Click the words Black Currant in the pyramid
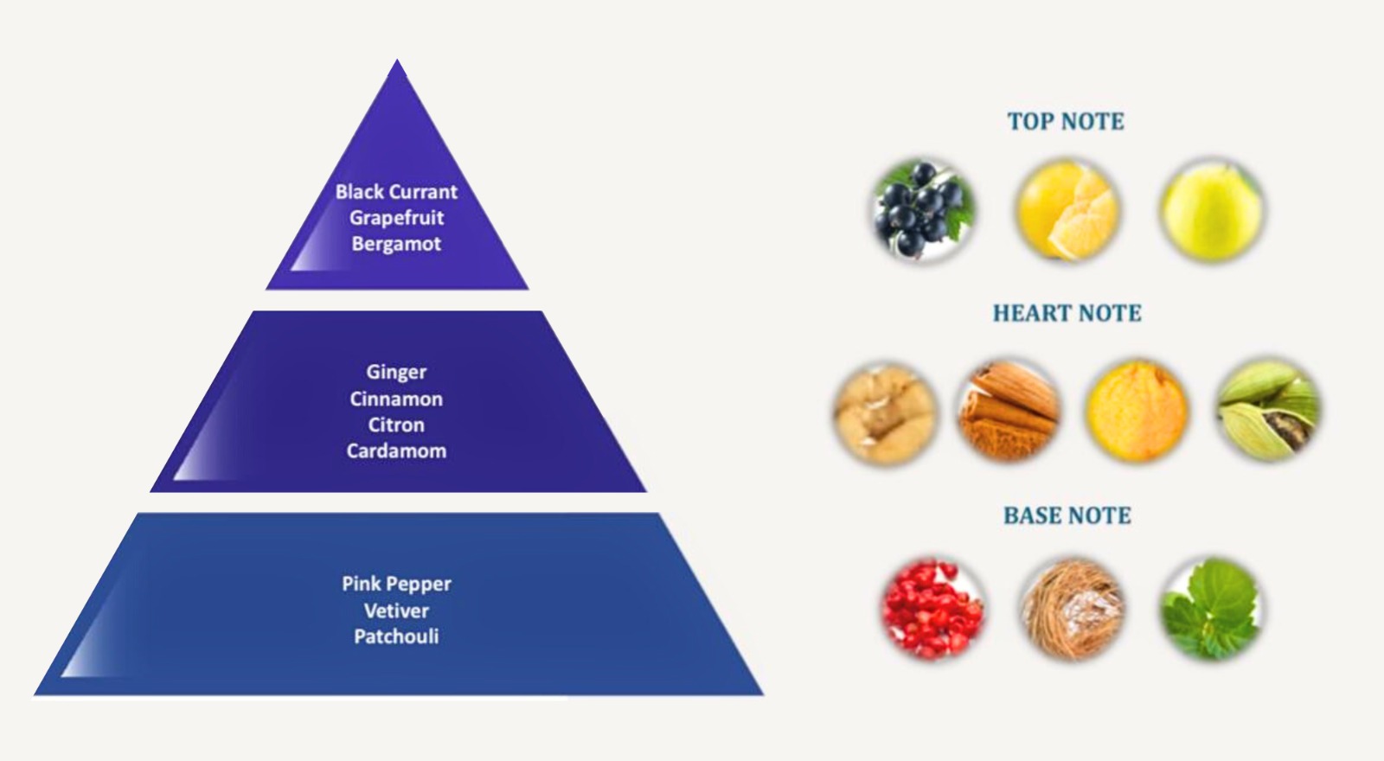click(396, 191)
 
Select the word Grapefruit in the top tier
click(396, 217)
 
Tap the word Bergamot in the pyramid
click(396, 244)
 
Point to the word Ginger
click(396, 372)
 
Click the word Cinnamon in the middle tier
click(396, 399)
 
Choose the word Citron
click(396, 425)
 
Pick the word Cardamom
click(396, 451)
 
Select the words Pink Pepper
click(396, 584)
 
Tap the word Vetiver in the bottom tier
click(396, 611)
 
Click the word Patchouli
click(396, 636)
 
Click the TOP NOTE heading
click(1066, 121)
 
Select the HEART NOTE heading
click(1067, 313)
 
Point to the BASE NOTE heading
click(1067, 515)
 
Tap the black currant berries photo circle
click(923, 210)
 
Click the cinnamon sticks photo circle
click(1009, 410)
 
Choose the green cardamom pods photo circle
click(1269, 410)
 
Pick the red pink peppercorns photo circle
click(932, 608)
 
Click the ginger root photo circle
click(885, 412)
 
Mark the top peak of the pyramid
click(397, 61)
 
